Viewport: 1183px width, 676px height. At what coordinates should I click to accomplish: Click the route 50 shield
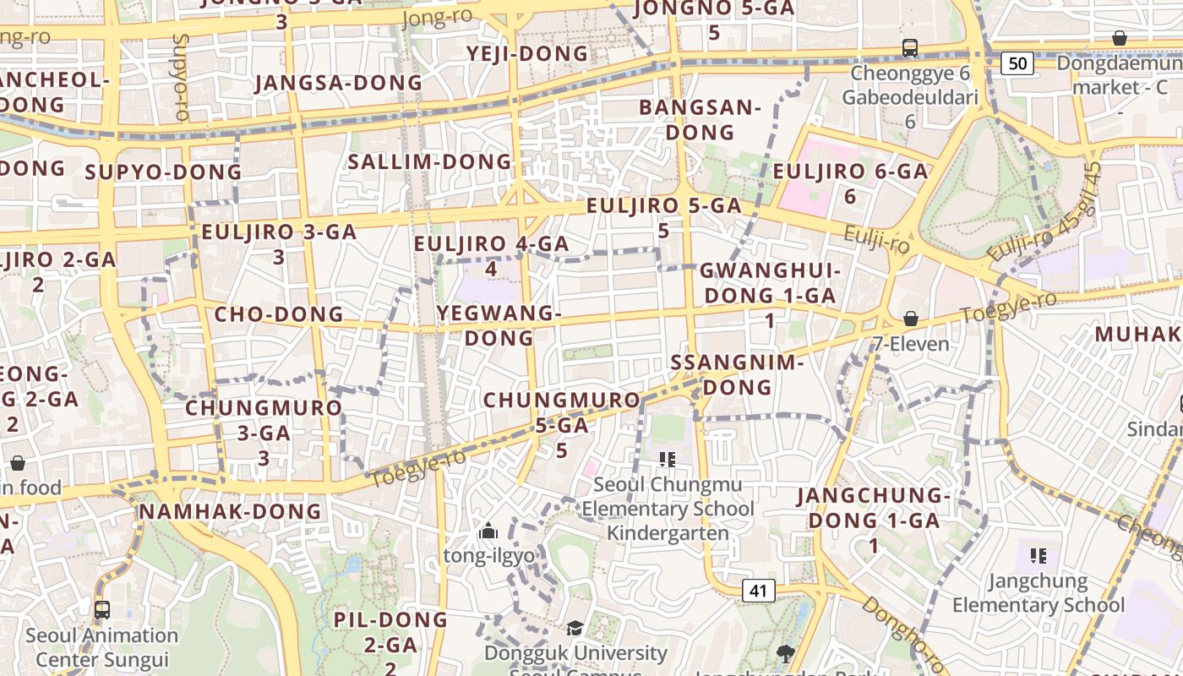[1018, 63]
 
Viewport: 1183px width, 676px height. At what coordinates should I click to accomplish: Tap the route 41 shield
[758, 590]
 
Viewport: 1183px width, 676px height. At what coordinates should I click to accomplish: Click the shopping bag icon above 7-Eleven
[911, 319]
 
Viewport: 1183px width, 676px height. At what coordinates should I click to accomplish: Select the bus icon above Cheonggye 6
[910, 48]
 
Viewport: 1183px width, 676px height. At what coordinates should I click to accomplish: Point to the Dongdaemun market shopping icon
[1120, 38]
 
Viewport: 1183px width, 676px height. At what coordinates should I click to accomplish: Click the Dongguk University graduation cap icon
[575, 628]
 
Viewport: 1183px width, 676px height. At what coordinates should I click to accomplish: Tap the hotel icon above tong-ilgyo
[488, 532]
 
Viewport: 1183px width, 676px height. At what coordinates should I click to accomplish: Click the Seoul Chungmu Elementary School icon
[668, 460]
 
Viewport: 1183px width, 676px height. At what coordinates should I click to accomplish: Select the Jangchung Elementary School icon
[1039, 555]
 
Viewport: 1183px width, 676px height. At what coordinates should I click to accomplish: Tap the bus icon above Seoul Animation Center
[102, 609]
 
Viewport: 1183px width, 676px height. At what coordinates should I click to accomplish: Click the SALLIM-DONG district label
[430, 161]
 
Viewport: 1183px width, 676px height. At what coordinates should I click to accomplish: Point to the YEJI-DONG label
[527, 54]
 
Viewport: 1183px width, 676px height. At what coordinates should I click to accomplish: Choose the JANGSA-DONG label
[338, 83]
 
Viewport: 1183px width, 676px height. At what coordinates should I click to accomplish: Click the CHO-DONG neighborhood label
[279, 314]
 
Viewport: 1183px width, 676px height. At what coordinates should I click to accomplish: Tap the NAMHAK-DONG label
[230, 511]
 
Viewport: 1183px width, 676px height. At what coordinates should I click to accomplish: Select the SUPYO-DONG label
[163, 172]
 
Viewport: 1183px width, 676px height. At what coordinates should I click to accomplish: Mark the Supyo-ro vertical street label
[180, 76]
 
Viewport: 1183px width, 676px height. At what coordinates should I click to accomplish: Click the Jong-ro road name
[438, 18]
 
